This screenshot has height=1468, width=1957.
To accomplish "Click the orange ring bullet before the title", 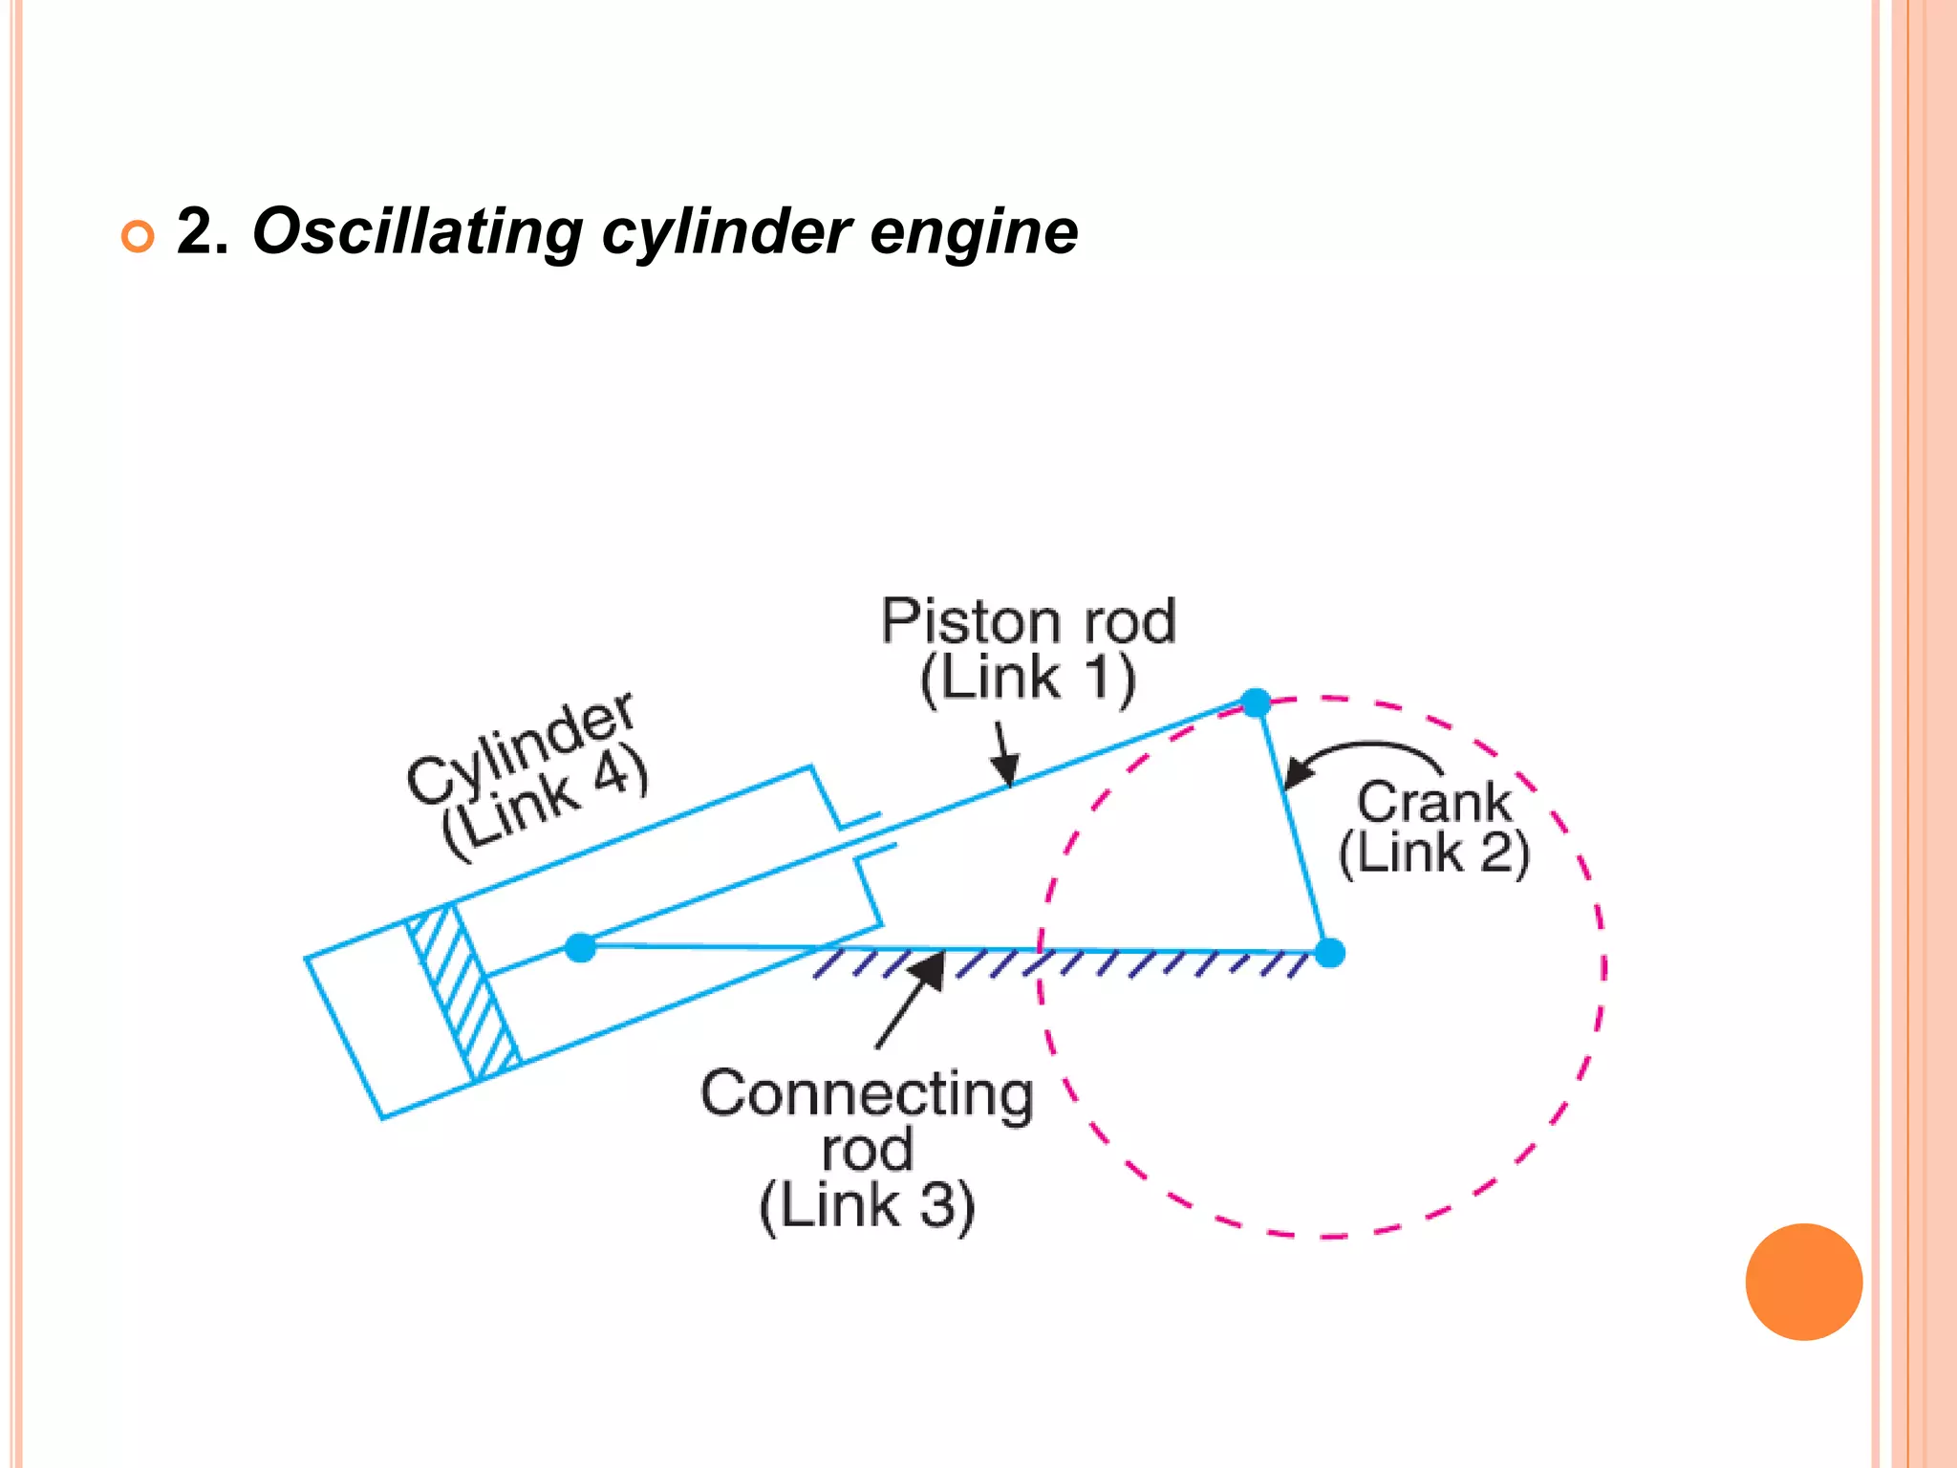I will tap(138, 235).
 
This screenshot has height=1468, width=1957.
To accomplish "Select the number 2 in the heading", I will tap(193, 231).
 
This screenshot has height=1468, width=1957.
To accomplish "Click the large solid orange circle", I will tap(1803, 1282).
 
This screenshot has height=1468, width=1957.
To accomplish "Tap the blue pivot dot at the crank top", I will tap(1256, 702).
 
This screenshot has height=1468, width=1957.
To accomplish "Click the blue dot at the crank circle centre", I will tap(1329, 953).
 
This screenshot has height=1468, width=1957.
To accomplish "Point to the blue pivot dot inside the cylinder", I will tap(580, 947).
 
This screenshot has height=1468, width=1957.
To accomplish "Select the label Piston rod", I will tap(1028, 622).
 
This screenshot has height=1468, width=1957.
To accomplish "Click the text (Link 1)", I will tap(1028, 679).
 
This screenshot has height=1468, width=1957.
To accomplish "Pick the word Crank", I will tap(1433, 802).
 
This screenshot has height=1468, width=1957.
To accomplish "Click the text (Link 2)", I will tap(1433, 853).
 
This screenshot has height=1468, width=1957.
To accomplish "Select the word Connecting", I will tap(867, 1093).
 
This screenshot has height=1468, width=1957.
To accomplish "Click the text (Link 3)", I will tap(867, 1206).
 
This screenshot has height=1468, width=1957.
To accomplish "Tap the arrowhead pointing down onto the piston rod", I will tap(1005, 767).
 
